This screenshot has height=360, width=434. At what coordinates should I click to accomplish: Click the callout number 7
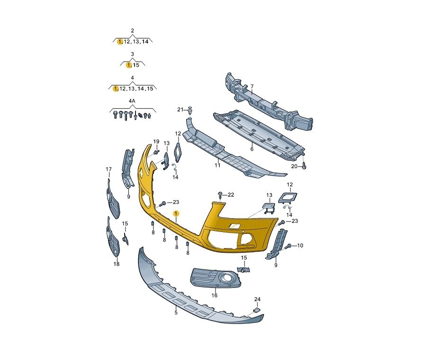click(252, 87)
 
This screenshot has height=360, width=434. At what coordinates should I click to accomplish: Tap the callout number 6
click(252, 149)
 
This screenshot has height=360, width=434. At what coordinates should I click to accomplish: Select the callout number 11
click(217, 165)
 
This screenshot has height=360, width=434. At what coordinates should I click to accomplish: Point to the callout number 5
click(176, 313)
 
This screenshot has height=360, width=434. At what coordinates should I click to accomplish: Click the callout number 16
click(215, 295)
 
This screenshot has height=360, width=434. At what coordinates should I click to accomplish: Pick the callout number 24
click(257, 299)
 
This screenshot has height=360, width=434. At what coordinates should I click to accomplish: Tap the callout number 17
click(109, 169)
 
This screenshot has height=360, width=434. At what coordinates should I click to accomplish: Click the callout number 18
click(117, 264)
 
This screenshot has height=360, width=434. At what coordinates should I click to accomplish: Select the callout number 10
click(300, 246)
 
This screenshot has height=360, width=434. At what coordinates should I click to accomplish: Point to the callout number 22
click(231, 195)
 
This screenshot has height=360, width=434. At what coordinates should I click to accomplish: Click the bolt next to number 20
click(305, 166)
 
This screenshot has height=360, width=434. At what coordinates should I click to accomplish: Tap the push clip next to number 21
click(190, 110)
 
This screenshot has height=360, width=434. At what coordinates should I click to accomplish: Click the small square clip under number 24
click(257, 310)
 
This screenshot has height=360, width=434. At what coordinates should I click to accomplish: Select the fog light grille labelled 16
click(215, 277)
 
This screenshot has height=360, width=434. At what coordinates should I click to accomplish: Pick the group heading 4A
click(132, 101)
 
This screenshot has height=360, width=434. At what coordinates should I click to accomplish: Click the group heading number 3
click(132, 55)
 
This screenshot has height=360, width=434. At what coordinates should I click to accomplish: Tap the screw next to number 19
click(157, 152)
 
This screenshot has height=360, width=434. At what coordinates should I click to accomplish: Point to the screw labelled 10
click(289, 246)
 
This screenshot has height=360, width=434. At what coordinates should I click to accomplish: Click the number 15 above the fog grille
click(244, 258)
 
